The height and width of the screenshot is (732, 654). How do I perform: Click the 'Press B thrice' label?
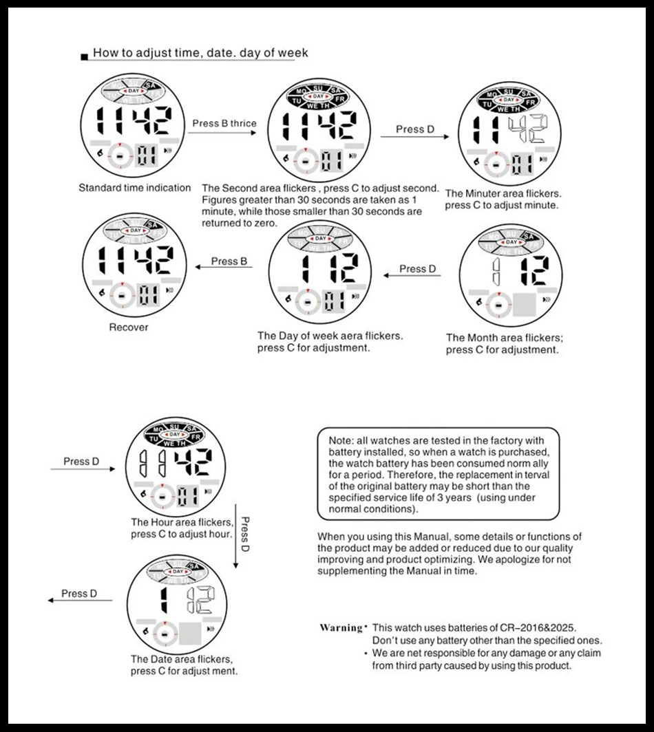224,124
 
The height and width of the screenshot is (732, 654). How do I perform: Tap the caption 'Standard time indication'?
134,188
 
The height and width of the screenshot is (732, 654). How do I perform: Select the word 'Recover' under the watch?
128,327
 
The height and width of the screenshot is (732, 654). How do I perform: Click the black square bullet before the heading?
84,56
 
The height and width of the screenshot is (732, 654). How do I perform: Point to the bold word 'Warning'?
341,627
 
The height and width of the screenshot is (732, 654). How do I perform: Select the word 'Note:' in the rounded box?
341,440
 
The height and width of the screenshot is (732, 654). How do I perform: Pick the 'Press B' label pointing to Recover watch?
229,261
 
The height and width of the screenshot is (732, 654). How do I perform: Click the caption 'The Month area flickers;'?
505,338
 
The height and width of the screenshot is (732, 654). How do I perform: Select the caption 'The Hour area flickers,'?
181,522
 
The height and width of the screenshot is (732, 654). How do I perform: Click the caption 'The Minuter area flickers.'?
503,193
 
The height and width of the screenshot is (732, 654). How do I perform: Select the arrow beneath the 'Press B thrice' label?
224,135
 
